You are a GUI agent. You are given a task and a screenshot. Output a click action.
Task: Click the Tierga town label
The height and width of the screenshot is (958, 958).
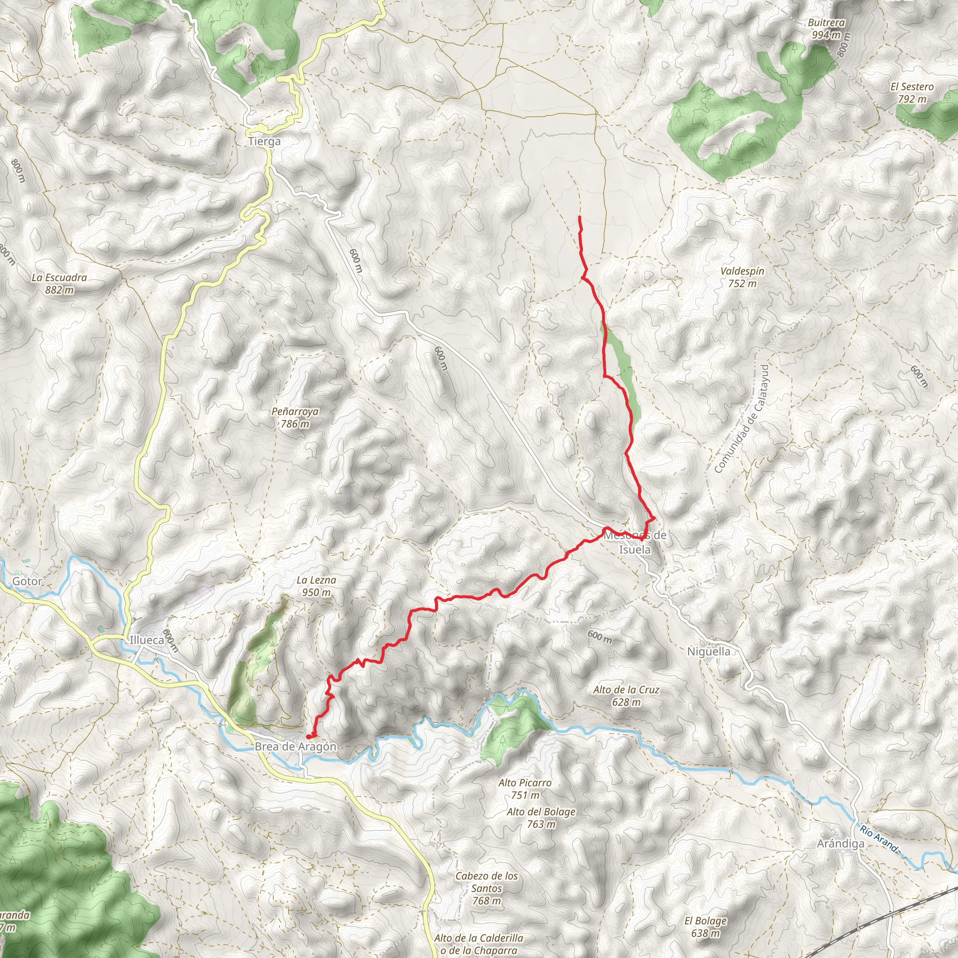coord(264,141)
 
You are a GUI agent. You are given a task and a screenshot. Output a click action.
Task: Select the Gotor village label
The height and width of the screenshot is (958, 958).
coord(27,581)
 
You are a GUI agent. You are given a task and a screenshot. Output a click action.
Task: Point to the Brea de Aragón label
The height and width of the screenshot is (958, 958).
coord(296,746)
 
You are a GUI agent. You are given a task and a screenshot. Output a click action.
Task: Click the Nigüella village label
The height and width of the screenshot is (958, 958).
coord(709,652)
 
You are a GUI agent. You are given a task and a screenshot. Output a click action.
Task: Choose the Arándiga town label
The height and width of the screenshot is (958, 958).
coord(841,843)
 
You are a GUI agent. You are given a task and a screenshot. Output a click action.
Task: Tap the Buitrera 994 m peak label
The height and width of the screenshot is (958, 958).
coord(826,29)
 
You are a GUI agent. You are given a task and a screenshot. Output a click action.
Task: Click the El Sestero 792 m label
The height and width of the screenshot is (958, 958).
coord(912,93)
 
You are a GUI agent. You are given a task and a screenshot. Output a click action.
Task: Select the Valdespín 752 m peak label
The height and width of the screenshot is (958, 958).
coord(742,277)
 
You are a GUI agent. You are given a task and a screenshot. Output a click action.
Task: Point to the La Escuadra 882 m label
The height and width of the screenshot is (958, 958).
coord(59,283)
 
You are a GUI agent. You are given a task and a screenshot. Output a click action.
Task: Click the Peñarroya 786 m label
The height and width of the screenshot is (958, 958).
coord(295,418)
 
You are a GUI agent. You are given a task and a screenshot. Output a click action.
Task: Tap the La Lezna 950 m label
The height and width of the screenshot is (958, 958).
coord(316,586)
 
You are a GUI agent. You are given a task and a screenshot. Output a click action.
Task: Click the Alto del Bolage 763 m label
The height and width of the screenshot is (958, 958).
coord(541,818)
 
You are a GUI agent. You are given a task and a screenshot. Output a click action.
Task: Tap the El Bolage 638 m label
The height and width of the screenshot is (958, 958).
coord(705,927)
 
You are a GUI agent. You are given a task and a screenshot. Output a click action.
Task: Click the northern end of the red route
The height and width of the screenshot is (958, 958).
coord(579,217)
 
